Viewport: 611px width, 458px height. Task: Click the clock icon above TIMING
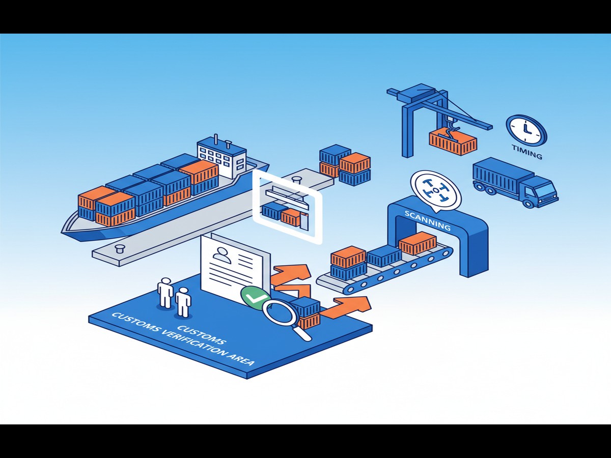pyautogui.click(x=526, y=130)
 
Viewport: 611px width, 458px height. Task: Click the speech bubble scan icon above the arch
pyautogui.click(x=435, y=190)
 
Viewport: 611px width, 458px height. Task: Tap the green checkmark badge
pyautogui.click(x=253, y=297)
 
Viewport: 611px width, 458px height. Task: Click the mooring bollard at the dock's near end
pyautogui.click(x=120, y=249)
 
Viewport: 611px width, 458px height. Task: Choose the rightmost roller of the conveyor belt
pyautogui.click(x=446, y=251)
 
